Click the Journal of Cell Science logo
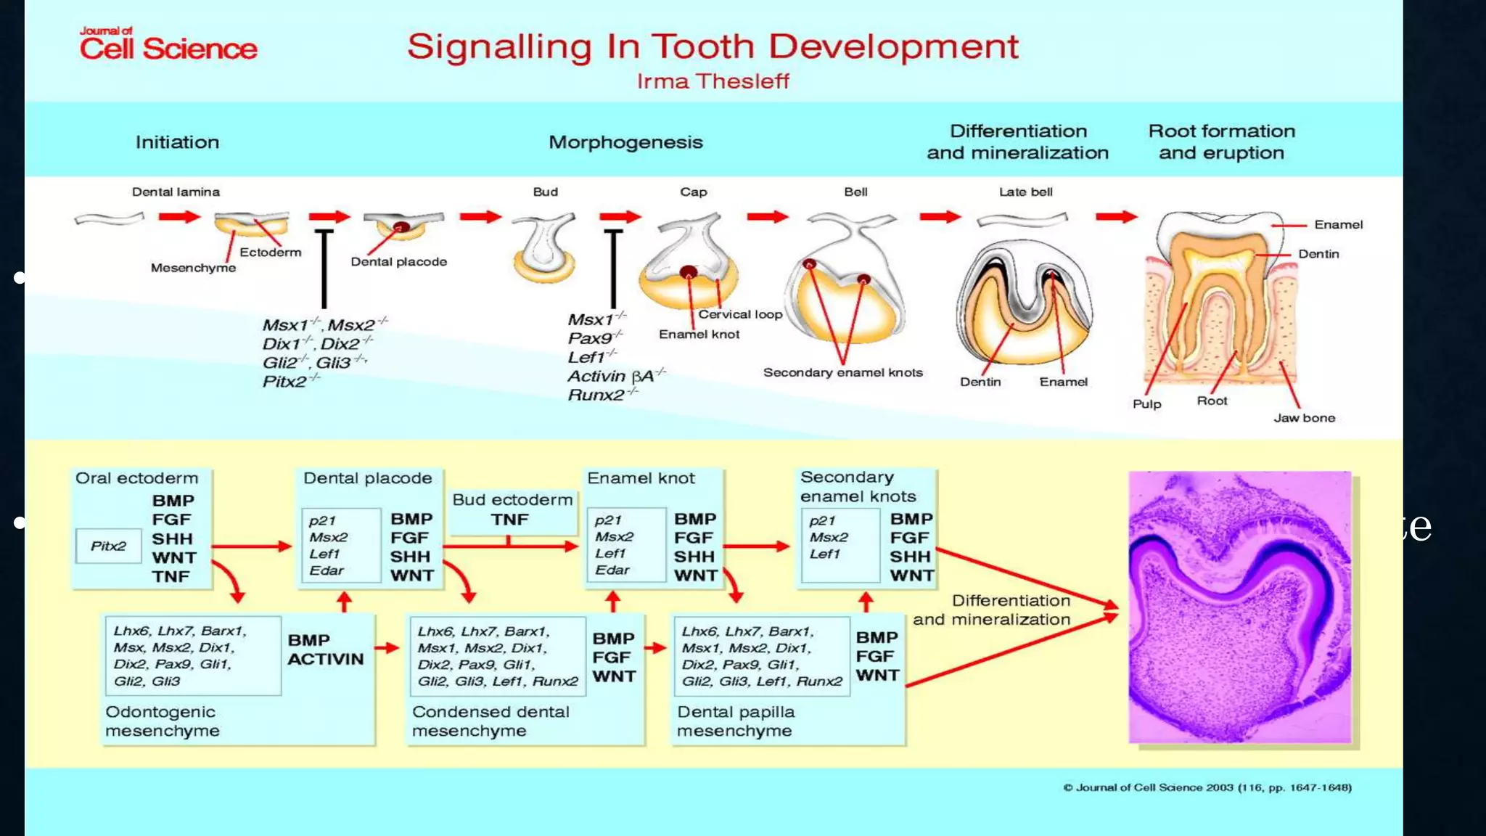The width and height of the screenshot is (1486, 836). [168, 44]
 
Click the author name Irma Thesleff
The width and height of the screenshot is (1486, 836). [713, 81]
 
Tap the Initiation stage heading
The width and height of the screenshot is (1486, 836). [177, 142]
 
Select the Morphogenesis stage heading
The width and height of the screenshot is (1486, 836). [625, 142]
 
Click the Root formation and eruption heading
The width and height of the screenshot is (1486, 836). [1221, 142]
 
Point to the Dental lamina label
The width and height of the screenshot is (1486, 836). [176, 192]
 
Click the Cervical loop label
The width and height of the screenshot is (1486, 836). [740, 314]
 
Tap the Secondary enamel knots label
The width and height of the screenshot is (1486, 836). [842, 373]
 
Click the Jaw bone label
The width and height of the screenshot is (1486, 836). [1304, 418]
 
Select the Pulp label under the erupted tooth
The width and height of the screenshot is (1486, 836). [1146, 404]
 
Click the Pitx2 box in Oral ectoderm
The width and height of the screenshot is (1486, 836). [108, 546]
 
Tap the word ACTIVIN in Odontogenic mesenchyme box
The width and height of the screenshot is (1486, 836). [325, 659]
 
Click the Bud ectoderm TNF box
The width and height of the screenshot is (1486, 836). [512, 510]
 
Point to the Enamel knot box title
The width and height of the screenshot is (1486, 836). [641, 478]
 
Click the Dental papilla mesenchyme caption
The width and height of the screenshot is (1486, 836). [735, 721]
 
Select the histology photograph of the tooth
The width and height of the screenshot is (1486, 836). [1240, 607]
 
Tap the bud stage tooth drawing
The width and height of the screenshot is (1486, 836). [544, 247]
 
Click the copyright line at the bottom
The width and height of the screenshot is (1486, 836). [1207, 787]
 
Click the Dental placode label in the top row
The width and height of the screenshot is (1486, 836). [398, 262]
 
